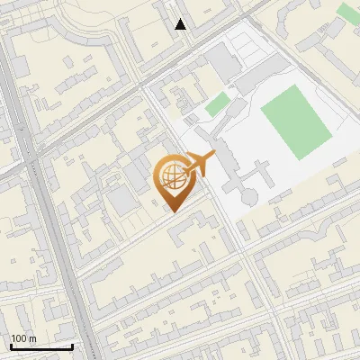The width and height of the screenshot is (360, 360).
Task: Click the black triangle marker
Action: (x=181, y=24)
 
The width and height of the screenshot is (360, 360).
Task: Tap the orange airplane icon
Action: (x=200, y=164)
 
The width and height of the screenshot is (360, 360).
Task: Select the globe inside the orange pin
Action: (x=172, y=176)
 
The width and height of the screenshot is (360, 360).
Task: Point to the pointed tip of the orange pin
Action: (x=172, y=211)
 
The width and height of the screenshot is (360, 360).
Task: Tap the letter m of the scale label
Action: (x=33, y=338)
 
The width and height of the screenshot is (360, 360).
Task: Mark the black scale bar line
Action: (x=41, y=346)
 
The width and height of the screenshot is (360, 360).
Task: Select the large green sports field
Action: (x=296, y=122)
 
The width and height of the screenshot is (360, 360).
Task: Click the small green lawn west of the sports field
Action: (x=217, y=103)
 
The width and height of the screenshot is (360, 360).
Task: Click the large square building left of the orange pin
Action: (x=121, y=200)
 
